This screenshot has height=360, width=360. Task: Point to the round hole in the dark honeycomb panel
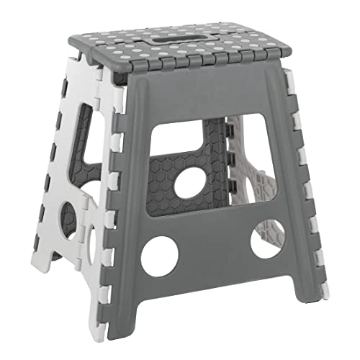pos(189,184)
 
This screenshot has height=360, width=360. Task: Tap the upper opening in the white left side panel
pos(85,144)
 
